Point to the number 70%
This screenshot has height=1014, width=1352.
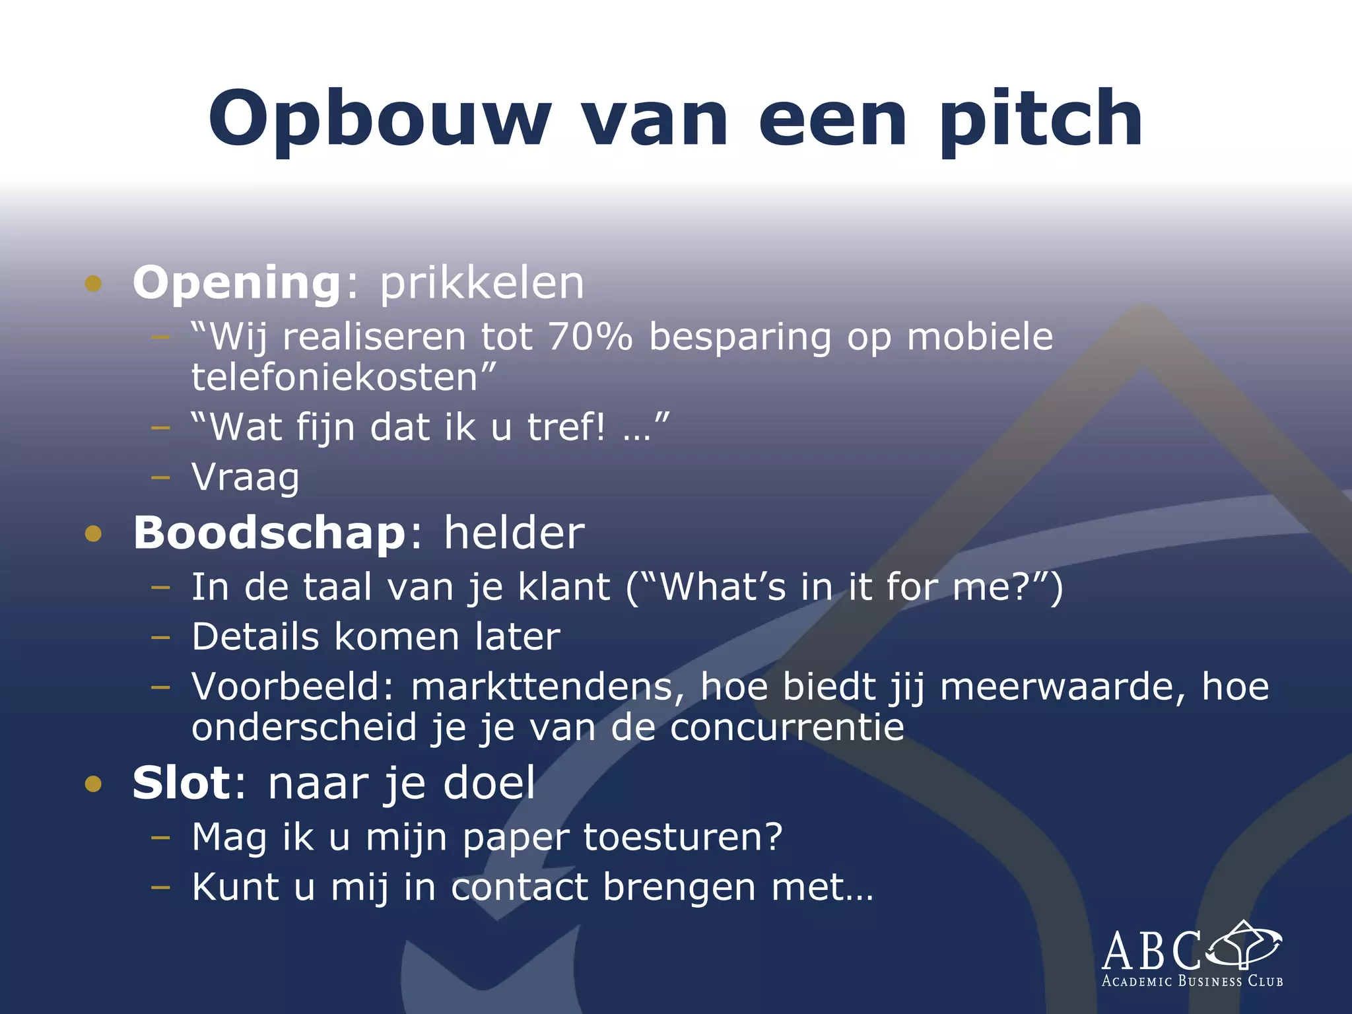(590, 337)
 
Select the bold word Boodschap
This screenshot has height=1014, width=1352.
(269, 533)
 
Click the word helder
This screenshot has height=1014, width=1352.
(514, 533)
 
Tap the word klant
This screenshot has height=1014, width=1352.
(564, 587)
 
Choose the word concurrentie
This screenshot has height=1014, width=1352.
(787, 727)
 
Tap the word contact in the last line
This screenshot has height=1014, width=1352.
(519, 887)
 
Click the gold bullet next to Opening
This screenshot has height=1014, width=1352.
(93, 284)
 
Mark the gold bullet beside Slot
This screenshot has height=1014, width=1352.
(93, 784)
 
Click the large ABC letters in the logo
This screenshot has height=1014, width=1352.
(1152, 951)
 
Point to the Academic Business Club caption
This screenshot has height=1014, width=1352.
(1192, 982)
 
